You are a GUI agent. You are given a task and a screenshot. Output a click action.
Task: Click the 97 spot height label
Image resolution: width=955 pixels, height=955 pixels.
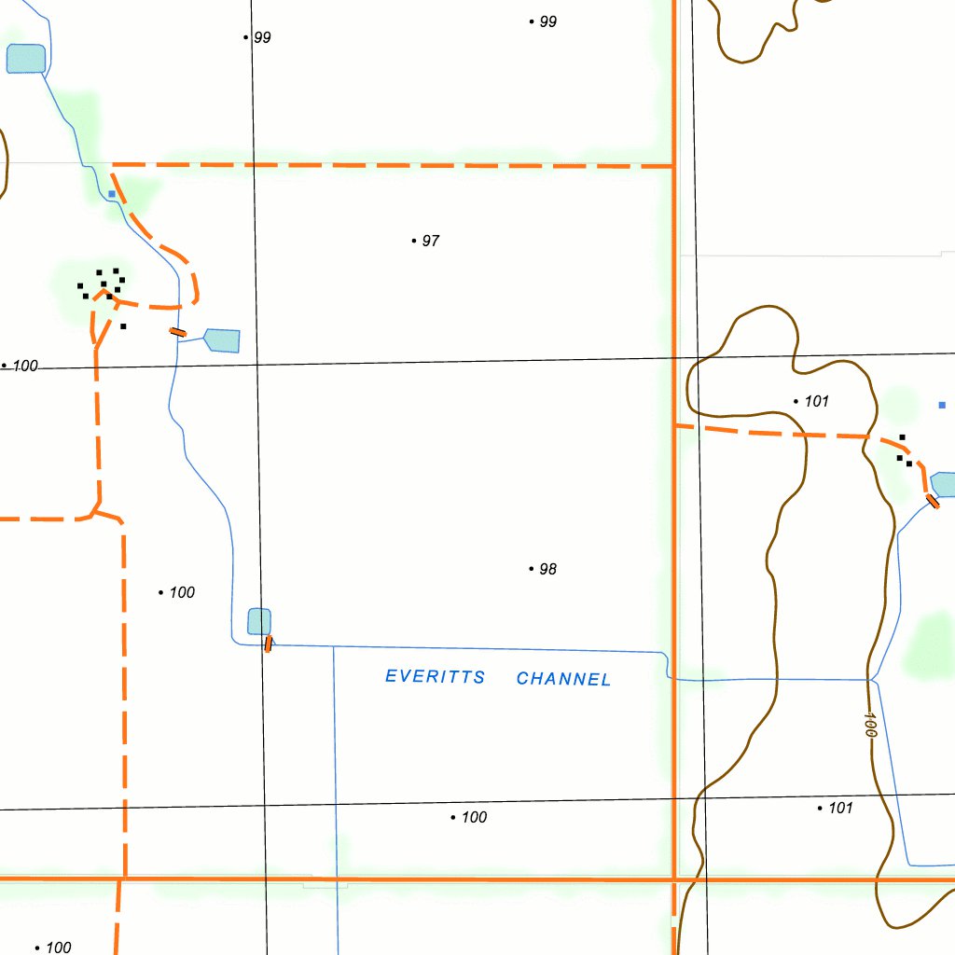point(430,241)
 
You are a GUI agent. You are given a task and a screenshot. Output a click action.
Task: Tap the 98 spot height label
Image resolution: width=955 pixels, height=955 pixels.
point(547,569)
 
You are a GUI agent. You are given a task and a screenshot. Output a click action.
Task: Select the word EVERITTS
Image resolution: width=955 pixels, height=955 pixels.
point(436,676)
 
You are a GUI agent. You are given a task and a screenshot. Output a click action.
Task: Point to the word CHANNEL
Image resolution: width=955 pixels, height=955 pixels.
point(564,679)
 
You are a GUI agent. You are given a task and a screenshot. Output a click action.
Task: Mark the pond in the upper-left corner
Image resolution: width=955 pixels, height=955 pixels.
point(26,58)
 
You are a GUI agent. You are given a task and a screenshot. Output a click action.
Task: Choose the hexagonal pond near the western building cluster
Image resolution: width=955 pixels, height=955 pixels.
point(223,340)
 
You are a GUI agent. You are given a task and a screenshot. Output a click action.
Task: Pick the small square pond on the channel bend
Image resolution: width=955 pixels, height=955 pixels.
point(259,621)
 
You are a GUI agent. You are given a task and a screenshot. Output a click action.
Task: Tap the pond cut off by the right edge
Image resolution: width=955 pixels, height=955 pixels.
point(944,484)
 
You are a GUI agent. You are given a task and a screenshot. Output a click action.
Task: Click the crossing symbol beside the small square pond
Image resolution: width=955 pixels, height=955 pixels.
point(269,644)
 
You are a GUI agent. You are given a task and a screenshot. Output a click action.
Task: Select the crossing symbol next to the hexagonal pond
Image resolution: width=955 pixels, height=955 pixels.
point(177,332)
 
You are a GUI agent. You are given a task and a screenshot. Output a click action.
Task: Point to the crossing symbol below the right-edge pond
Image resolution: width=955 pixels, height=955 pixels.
point(933,502)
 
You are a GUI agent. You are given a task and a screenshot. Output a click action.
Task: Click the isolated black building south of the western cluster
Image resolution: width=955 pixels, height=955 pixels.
point(123,326)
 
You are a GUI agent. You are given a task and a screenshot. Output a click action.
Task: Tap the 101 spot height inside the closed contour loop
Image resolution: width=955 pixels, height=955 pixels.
point(816,401)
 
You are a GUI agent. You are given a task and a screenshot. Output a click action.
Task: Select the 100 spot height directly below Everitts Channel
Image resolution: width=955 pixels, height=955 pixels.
point(474,817)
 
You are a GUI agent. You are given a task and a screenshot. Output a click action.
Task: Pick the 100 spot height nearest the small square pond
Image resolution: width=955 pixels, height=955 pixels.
point(182,592)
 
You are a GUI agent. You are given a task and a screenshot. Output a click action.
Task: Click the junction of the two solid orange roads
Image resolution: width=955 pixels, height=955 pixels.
point(674,879)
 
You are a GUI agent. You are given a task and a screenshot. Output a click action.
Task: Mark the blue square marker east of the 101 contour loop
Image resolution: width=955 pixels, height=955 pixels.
point(942,405)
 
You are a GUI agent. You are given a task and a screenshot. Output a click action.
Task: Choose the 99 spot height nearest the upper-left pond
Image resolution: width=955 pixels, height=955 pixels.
point(262,37)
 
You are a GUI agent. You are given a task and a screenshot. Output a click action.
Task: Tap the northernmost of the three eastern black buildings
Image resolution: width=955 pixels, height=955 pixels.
point(902,436)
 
